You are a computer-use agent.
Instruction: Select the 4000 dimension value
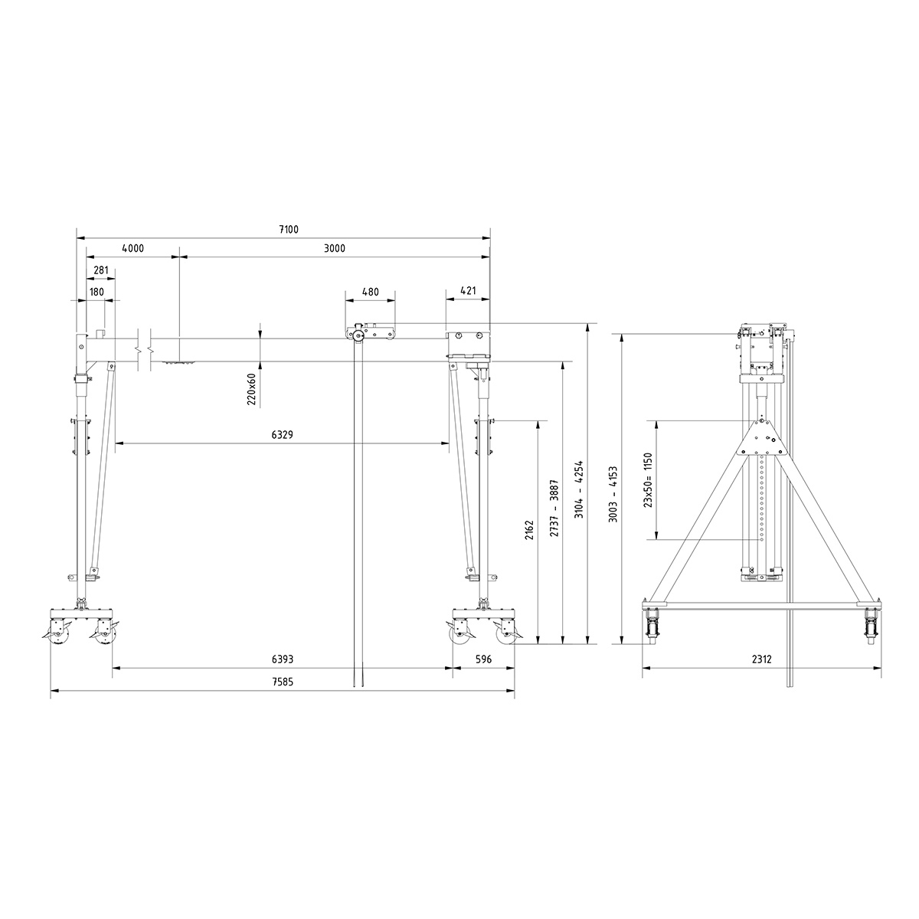pyautogui.click(x=132, y=248)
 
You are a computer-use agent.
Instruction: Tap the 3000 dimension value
pyautogui.click(x=335, y=248)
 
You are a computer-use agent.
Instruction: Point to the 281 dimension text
pyautogui.click(x=100, y=270)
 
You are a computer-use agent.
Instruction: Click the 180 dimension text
pyautogui.click(x=96, y=292)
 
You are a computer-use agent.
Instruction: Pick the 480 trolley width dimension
pyautogui.click(x=370, y=292)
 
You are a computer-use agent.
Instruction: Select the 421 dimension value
pyautogui.click(x=468, y=292)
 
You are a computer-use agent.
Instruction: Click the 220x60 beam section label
pyautogui.click(x=252, y=390)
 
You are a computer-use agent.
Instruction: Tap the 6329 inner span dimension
pyautogui.click(x=282, y=434)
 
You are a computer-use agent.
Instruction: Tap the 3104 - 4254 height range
pyautogui.click(x=580, y=490)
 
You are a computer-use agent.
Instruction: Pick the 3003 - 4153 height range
pyautogui.click(x=613, y=495)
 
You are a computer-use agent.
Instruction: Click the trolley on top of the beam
pyautogui.click(x=371, y=333)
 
